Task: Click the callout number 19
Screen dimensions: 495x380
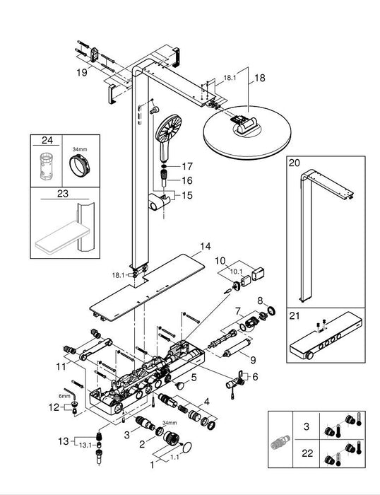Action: click(x=83, y=71)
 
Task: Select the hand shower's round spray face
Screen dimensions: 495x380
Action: click(x=165, y=128)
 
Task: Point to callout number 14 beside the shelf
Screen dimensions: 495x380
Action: click(x=205, y=247)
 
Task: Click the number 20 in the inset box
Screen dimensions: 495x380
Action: click(x=295, y=163)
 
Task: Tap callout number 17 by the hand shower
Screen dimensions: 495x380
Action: click(x=188, y=167)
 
